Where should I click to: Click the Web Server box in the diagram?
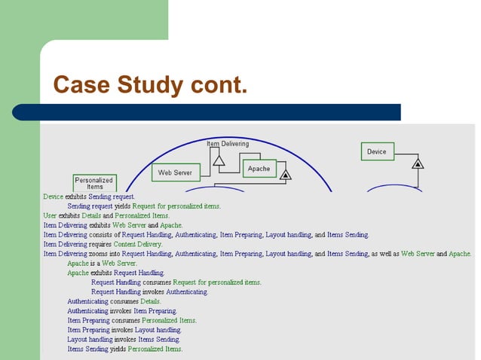[175, 173]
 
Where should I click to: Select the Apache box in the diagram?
[259, 169]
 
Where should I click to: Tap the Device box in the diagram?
[377, 151]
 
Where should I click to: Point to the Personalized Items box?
[94, 183]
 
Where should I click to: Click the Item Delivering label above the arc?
[228, 143]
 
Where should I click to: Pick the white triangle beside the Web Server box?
[219, 160]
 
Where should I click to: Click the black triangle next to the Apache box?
[285, 175]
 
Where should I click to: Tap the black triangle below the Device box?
[418, 163]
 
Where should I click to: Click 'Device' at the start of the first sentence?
[53, 197]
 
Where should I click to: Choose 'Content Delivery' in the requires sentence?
[138, 244]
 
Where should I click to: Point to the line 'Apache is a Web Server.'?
[102, 264]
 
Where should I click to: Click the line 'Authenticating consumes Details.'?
[114, 301]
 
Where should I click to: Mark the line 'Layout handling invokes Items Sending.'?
[124, 340]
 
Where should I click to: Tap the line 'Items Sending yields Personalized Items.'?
[124, 349]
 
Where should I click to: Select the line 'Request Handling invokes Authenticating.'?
[149, 291]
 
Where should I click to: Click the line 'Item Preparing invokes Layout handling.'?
[124, 330]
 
